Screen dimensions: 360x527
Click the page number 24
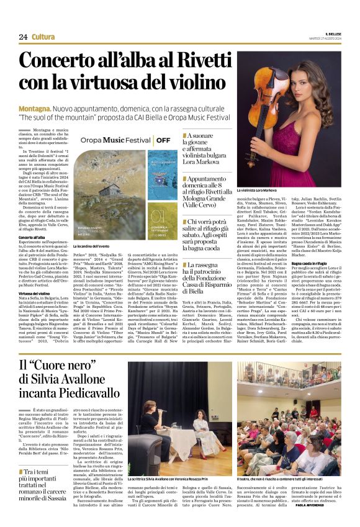23,37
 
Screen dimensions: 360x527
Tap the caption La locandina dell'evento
92,246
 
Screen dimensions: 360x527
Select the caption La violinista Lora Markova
257,190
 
